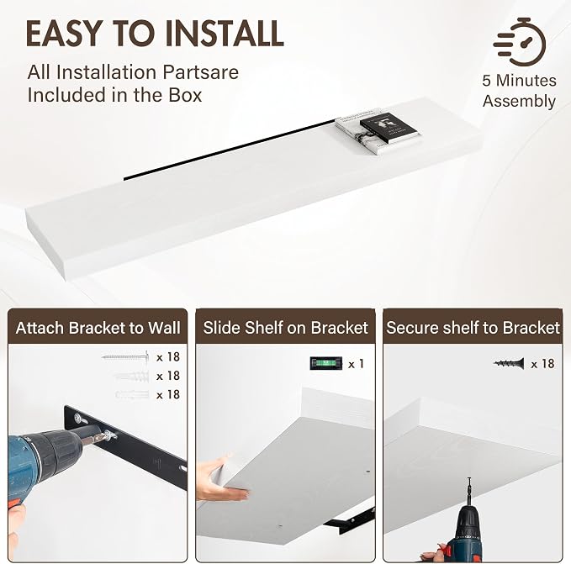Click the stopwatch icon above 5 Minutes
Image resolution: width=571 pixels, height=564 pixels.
520,42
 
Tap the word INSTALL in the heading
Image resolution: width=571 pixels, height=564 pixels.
225,33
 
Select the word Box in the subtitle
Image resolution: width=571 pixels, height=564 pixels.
185,95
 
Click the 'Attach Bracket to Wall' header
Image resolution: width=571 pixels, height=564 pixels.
98,328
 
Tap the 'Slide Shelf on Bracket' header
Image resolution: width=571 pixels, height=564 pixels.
286,328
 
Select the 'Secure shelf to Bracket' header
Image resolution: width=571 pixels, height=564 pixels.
473,328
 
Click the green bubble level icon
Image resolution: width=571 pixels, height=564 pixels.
326,363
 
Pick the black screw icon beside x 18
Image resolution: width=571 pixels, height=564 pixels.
509,363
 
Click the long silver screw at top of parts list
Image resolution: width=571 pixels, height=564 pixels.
125,356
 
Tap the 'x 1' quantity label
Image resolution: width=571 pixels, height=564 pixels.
356,364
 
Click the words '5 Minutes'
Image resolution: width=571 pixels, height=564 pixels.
520,81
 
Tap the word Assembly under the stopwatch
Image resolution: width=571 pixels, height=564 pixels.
520,101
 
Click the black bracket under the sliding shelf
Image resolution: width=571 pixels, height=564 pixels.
348,519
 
